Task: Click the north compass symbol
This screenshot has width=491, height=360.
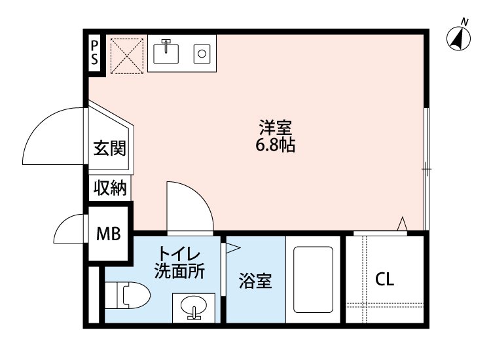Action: click(460, 38)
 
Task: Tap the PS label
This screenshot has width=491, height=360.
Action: click(95, 51)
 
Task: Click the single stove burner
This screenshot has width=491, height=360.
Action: click(202, 52)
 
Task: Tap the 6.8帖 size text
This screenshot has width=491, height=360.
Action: click(275, 145)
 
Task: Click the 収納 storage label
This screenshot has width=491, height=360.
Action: click(109, 189)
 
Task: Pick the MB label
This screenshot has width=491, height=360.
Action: click(109, 232)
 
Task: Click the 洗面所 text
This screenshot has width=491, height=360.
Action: click(179, 271)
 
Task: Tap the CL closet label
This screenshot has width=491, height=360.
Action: click(385, 279)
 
